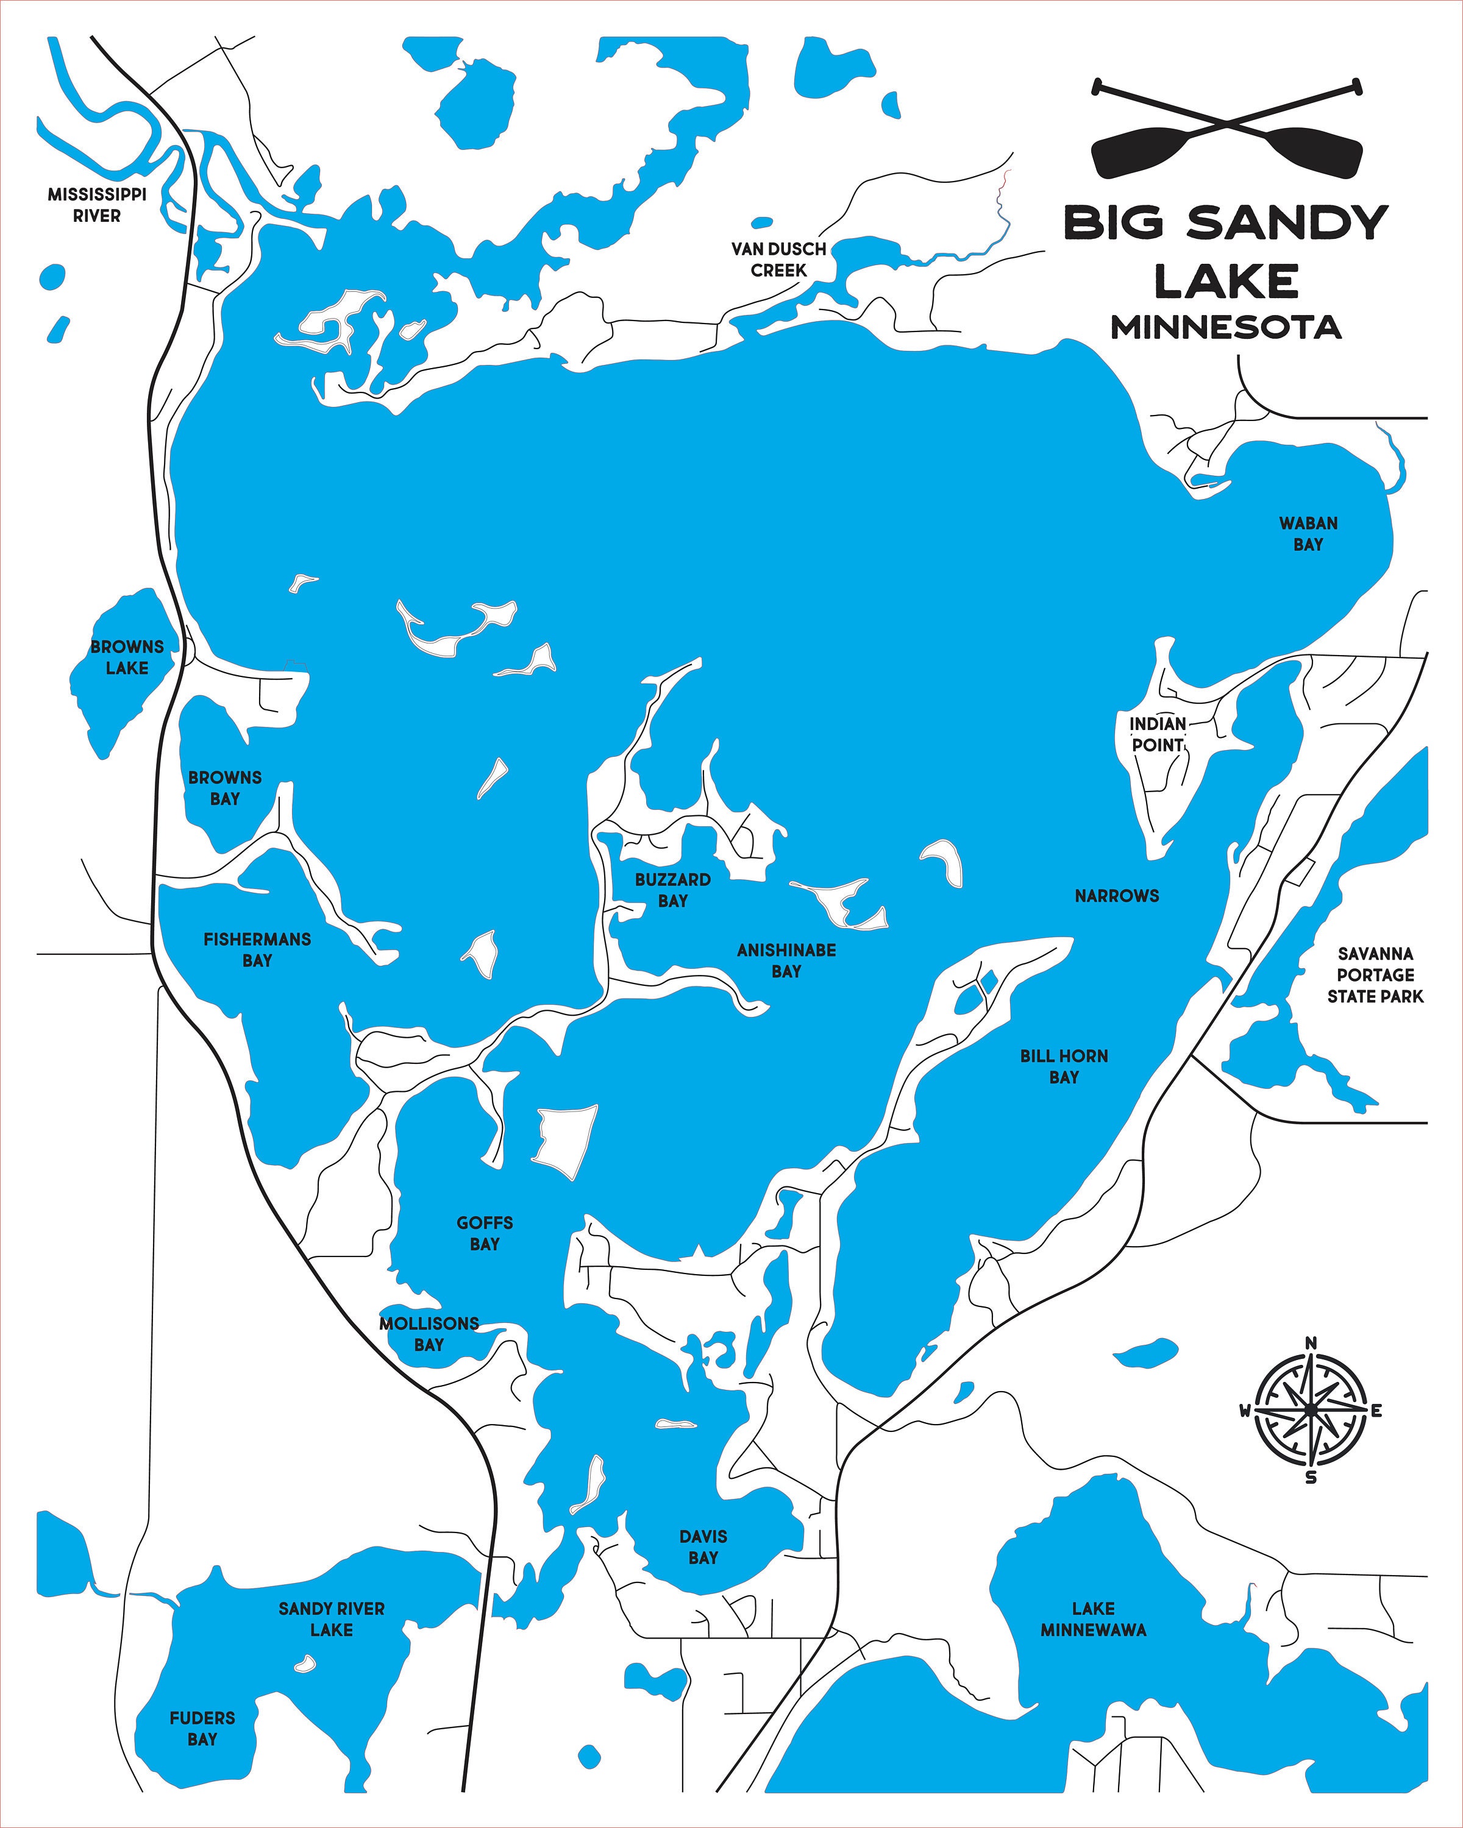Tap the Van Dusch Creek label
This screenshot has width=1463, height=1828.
(x=778, y=260)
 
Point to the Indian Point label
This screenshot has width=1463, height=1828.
(x=1157, y=734)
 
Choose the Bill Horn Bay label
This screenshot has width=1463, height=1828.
(x=1064, y=1066)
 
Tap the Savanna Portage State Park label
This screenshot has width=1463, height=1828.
(x=1375, y=975)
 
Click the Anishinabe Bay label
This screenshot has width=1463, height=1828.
(x=786, y=961)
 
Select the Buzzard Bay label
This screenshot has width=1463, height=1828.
(x=672, y=890)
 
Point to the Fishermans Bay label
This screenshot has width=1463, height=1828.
(x=257, y=949)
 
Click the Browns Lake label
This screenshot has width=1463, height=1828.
(x=127, y=657)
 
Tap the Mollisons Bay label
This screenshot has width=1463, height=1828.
(x=429, y=1334)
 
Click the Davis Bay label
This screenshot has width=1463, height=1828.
(x=703, y=1547)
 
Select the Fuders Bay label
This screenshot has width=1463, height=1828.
(x=202, y=1729)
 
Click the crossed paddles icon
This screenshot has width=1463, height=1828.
(x=1227, y=129)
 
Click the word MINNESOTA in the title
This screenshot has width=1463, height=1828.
(x=1225, y=327)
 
